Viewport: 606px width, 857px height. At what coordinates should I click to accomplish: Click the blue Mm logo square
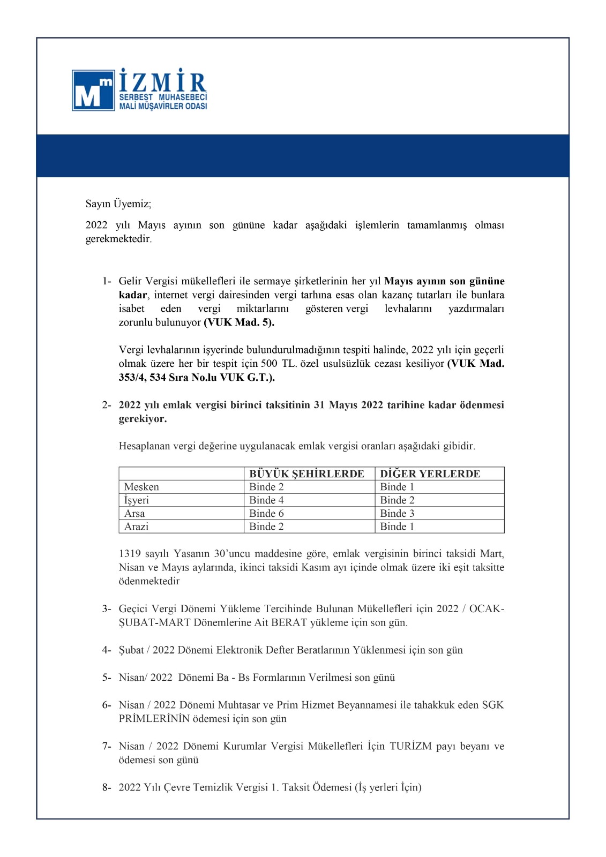93,91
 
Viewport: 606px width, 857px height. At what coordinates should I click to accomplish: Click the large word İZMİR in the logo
162,81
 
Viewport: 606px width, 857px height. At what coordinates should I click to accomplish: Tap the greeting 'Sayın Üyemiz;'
118,204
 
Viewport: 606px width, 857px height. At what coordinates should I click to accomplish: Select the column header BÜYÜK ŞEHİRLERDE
306,473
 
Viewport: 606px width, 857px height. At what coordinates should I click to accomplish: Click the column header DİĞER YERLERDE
430,473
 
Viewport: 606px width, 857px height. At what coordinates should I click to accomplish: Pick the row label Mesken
141,487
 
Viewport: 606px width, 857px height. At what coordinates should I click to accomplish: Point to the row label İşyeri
137,500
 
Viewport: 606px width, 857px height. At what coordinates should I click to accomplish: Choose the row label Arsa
134,513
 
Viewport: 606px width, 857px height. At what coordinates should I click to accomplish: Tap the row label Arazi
136,527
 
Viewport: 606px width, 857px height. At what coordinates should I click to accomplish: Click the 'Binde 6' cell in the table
266,513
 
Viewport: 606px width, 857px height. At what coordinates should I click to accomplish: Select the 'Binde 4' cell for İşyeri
266,500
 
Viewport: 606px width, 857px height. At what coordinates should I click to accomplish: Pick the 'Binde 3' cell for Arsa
397,513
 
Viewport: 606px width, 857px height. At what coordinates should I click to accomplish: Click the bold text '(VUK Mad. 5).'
239,322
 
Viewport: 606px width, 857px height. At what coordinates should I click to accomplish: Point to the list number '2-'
107,405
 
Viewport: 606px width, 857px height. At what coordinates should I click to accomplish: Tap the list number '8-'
107,787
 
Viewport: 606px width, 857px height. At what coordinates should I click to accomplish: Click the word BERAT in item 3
289,622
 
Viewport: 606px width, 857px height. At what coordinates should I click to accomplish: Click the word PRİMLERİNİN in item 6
154,719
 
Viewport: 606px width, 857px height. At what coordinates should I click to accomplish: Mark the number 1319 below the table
130,554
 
